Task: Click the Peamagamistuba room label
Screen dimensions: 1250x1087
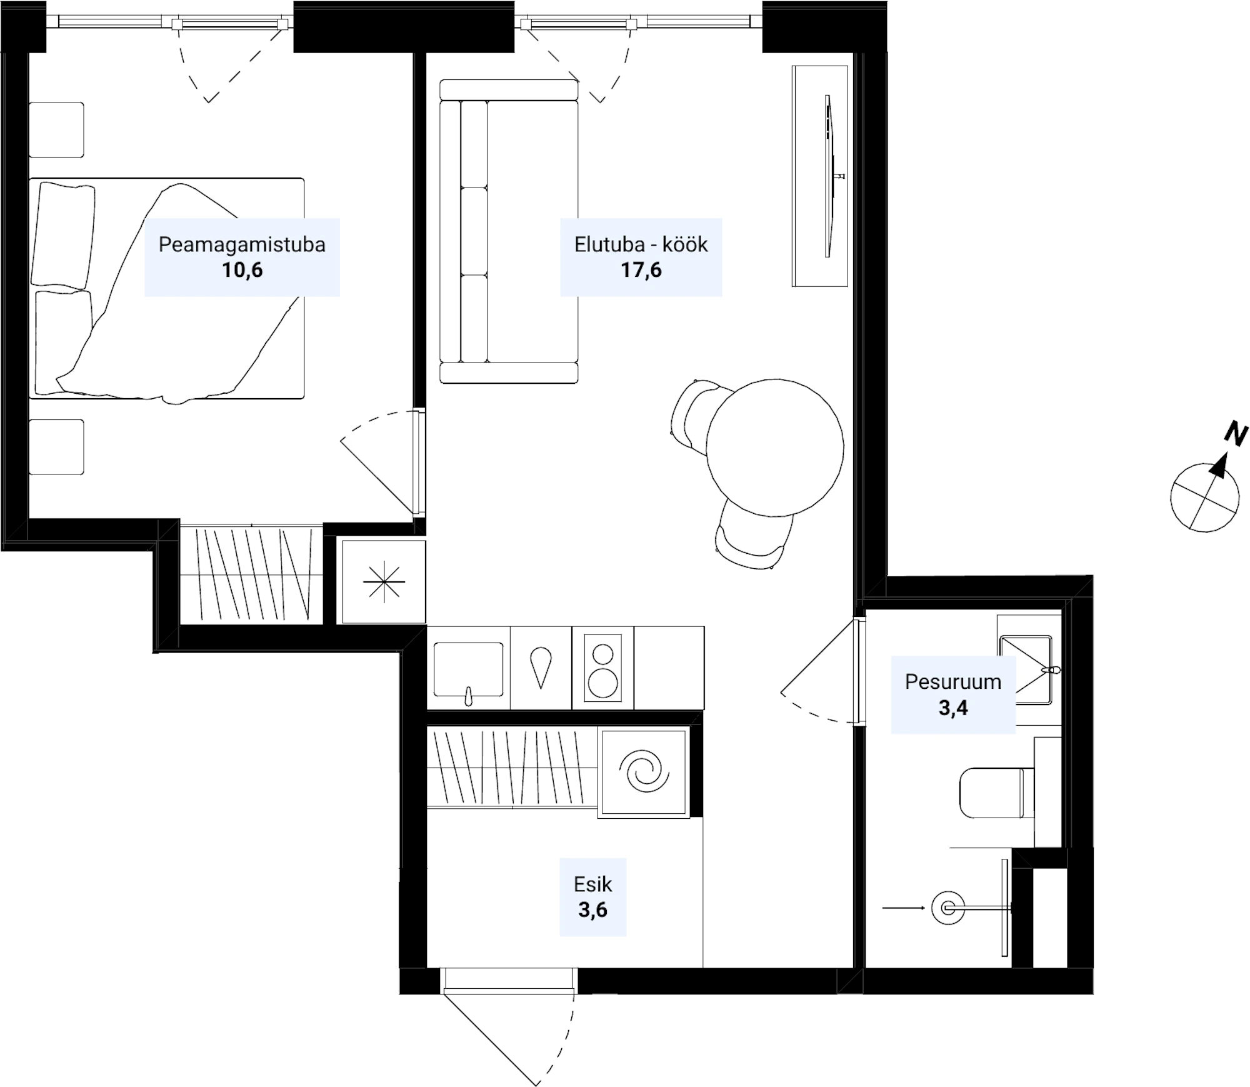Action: pyautogui.click(x=242, y=244)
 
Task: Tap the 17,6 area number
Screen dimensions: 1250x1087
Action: pyautogui.click(x=641, y=270)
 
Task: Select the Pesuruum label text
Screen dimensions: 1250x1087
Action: pyautogui.click(x=953, y=681)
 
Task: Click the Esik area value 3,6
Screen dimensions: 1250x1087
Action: pyautogui.click(x=592, y=910)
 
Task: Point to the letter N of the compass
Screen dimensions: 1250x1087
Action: pyautogui.click(x=1236, y=434)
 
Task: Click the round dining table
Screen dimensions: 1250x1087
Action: pyautogui.click(x=775, y=448)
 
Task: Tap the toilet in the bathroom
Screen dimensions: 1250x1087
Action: pyautogui.click(x=996, y=793)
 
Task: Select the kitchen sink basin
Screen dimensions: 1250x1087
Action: pyautogui.click(x=468, y=669)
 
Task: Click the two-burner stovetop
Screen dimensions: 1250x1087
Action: pyautogui.click(x=603, y=667)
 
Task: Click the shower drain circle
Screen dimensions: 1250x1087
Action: pyautogui.click(x=948, y=908)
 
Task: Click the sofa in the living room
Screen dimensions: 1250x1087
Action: pyautogui.click(x=509, y=231)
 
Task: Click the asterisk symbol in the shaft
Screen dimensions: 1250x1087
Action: pyautogui.click(x=384, y=582)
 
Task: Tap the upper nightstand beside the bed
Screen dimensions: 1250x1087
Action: pyautogui.click(x=56, y=130)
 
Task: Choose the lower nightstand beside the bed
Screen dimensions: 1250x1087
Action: pyautogui.click(x=56, y=447)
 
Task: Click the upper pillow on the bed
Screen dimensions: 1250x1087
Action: pyautogui.click(x=63, y=236)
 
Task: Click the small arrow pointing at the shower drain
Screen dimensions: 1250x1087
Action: pyautogui.click(x=903, y=908)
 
